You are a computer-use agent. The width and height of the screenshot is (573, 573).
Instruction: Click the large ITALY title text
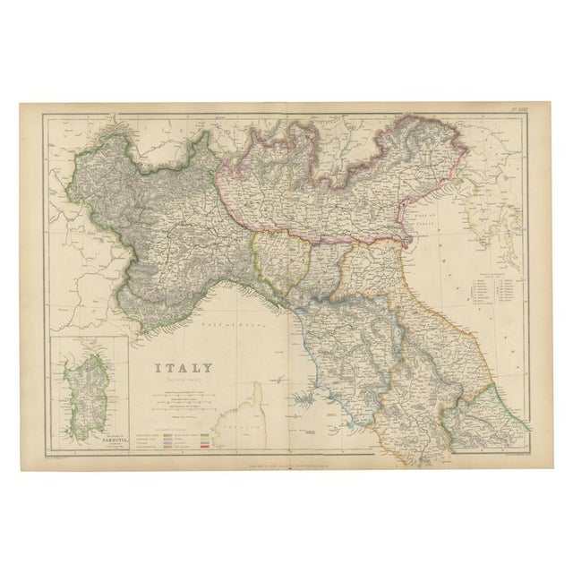click(185, 366)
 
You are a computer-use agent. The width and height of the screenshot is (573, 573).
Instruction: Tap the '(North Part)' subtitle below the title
click(185, 380)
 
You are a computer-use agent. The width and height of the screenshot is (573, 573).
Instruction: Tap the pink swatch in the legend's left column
click(171, 440)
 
